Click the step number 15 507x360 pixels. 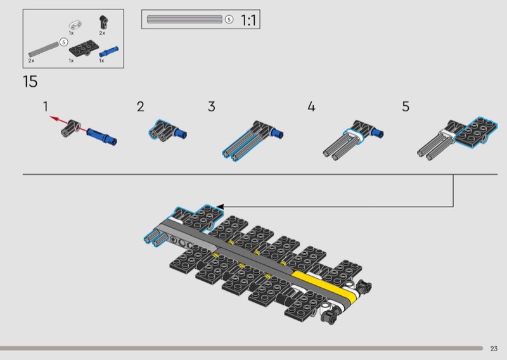tap(30, 82)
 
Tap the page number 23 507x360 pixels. tap(494, 349)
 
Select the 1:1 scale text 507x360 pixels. tap(248, 20)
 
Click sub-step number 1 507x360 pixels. tap(46, 106)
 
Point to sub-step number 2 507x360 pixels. tap(140, 106)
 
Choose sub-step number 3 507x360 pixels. tap(212, 106)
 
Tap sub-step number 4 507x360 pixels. tap(311, 106)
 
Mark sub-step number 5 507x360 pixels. tap(406, 106)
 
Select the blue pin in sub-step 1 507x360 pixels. tap(102, 136)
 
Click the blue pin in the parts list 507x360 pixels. tap(108, 52)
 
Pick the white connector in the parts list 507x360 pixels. tap(75, 25)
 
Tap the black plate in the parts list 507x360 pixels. tap(84, 48)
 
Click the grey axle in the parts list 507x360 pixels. tap(44, 49)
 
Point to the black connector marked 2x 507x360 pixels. tap(103, 22)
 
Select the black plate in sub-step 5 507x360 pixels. tap(477, 132)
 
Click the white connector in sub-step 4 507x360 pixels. tap(353, 135)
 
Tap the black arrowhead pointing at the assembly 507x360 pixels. tap(220, 207)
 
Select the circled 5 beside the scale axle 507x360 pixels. tap(229, 20)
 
